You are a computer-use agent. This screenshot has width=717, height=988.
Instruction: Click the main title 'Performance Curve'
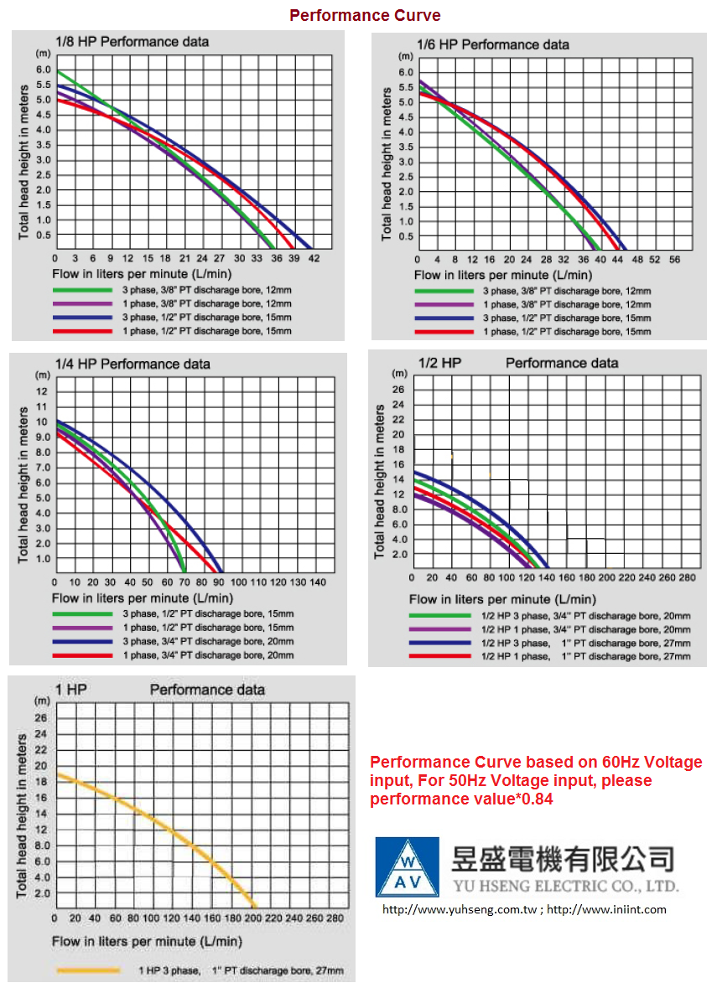tap(365, 15)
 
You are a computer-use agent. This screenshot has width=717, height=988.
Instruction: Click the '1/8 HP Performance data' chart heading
tap(132, 41)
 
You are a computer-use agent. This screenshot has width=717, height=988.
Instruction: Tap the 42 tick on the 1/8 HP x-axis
tap(314, 258)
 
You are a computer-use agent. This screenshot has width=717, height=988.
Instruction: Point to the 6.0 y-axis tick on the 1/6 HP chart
tap(407, 72)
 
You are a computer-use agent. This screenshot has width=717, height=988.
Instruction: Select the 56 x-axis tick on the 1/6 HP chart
tap(674, 260)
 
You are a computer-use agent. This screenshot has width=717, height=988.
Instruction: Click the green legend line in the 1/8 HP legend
tap(82, 289)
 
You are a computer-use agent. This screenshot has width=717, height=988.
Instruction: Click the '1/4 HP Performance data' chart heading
tap(132, 364)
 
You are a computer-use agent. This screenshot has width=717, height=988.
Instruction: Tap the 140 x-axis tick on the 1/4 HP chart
tap(318, 582)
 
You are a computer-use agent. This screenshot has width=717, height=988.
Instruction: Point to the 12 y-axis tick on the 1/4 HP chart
tap(42, 391)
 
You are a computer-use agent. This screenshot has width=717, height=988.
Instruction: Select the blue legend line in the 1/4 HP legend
tap(82, 640)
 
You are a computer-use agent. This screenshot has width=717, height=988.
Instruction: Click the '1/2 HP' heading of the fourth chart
tap(439, 363)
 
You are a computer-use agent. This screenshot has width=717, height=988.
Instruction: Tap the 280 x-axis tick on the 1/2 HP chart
tap(688, 578)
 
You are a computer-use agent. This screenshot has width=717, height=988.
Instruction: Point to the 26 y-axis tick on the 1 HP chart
tap(41, 718)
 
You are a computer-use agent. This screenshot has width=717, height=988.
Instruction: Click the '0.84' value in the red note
tap(535, 799)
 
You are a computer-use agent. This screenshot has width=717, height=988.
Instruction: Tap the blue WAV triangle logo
tap(407, 866)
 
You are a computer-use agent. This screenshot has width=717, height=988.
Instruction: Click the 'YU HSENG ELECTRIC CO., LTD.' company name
tap(564, 886)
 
